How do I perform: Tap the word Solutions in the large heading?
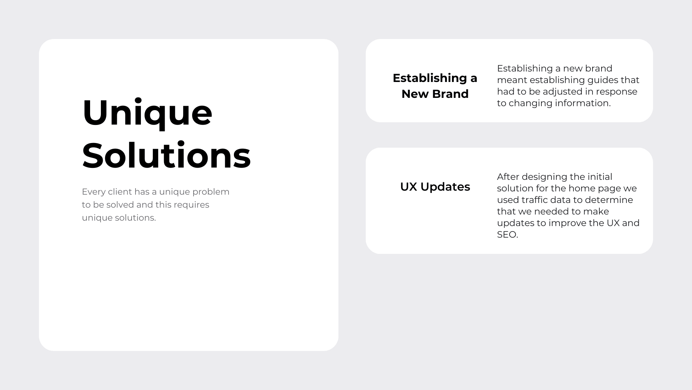pos(166,156)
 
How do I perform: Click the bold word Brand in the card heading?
pos(450,94)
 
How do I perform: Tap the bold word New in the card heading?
pos(415,94)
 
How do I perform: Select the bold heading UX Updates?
pos(435,187)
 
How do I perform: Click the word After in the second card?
pos(508,177)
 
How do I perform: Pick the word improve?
pos(567,224)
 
